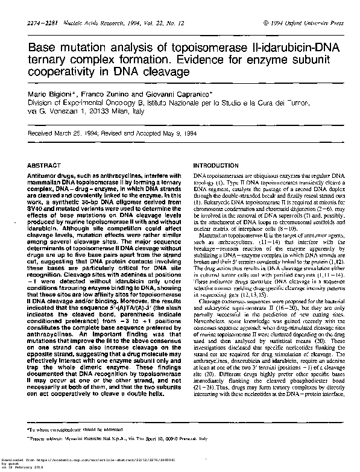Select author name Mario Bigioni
click(x=51, y=95)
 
